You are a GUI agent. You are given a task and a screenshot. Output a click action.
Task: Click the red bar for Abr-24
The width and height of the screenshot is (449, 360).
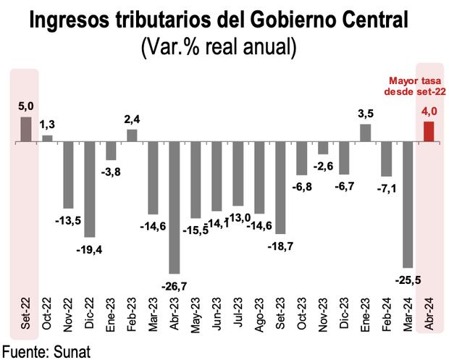(429, 132)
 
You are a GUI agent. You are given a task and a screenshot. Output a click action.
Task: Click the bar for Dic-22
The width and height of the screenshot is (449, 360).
(90, 189)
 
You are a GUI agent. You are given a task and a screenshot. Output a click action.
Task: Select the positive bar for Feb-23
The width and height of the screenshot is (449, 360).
(132, 135)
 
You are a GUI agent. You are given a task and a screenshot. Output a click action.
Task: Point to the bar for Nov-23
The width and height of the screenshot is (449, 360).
(323, 148)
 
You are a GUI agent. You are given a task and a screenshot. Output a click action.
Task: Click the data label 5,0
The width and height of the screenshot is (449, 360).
(25, 106)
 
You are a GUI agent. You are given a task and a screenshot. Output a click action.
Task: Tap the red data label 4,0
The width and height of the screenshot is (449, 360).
(429, 111)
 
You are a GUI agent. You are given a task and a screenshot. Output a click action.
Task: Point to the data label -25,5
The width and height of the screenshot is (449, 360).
(406, 278)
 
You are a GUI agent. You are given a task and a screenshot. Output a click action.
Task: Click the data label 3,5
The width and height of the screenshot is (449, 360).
(366, 114)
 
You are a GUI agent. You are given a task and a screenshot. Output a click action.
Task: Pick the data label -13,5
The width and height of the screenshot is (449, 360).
(68, 219)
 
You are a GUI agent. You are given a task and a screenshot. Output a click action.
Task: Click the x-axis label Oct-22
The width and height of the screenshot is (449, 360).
(48, 313)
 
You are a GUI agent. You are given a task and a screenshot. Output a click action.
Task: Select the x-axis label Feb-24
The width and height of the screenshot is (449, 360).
(387, 313)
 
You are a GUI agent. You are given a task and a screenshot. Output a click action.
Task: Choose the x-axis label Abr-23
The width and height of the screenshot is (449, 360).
(175, 313)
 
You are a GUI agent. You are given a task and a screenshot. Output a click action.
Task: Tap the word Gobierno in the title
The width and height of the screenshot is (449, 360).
(272, 22)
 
